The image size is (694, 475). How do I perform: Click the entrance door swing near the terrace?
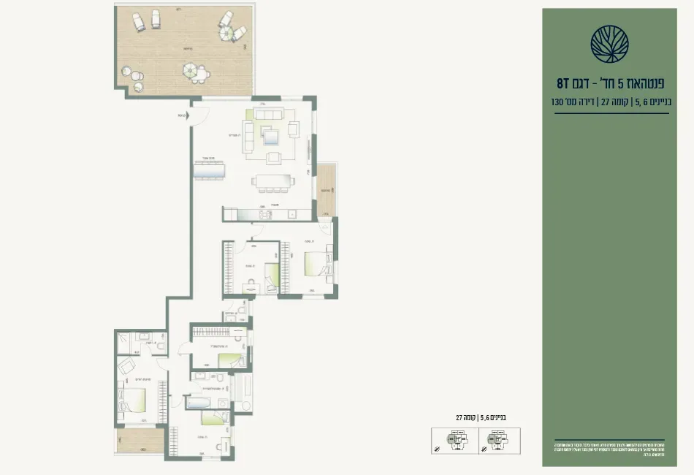click(x=199, y=116)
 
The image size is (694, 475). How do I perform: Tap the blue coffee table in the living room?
click(x=272, y=136)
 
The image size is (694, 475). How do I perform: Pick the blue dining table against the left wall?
click(x=210, y=171)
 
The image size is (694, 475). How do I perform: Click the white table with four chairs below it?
click(x=274, y=181)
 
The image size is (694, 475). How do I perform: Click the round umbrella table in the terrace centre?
click(x=195, y=72)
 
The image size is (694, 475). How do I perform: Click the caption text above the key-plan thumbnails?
click(x=480, y=417)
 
